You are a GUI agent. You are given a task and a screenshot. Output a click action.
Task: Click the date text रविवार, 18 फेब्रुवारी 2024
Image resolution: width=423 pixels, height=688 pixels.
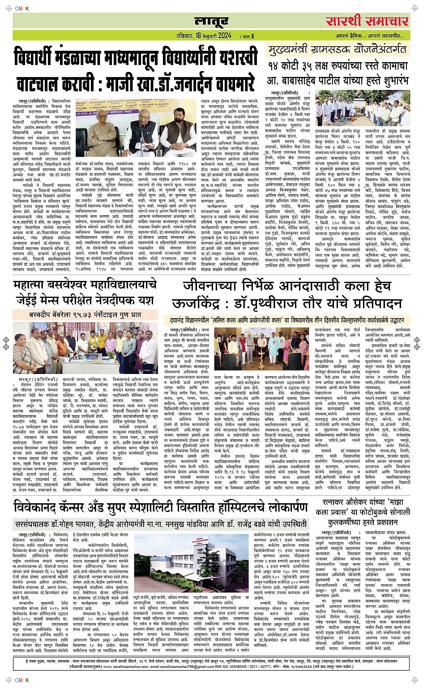click(x=204, y=36)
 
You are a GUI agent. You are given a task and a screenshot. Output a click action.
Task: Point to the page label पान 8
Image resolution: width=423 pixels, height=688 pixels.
click(x=248, y=36)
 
